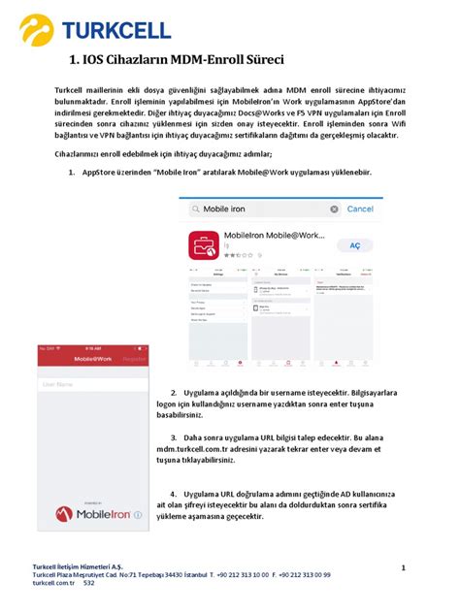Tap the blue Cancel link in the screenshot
click(360, 209)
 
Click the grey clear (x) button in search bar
click(335, 209)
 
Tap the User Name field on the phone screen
click(93, 385)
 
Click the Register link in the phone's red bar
click(134, 359)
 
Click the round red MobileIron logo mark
click(64, 515)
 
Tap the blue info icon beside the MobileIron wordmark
click(139, 516)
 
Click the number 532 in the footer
click(89, 584)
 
